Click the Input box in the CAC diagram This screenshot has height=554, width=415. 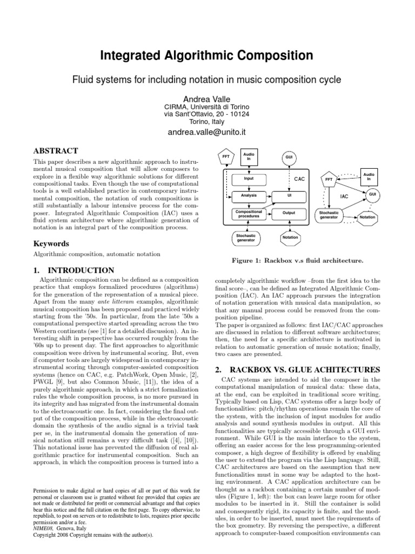coord(249,177)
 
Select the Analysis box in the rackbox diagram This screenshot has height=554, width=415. coord(249,195)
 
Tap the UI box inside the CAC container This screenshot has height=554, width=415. coord(289,195)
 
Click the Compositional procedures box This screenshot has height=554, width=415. coord(249,213)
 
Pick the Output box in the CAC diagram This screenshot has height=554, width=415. coord(289,213)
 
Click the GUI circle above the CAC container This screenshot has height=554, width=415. coord(289,157)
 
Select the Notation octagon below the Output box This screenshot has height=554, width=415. coord(290,238)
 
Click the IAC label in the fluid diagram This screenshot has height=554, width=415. coord(344,197)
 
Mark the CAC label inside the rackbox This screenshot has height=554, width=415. coord(300,178)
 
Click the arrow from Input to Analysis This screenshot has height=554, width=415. coord(249,187)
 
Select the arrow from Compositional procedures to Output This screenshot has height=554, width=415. coord(270,213)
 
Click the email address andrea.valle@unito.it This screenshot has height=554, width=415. coord(207,131)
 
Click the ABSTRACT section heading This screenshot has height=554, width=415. coord(56,151)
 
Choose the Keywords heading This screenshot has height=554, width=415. coord(51,243)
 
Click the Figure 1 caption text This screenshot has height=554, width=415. coord(297,261)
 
